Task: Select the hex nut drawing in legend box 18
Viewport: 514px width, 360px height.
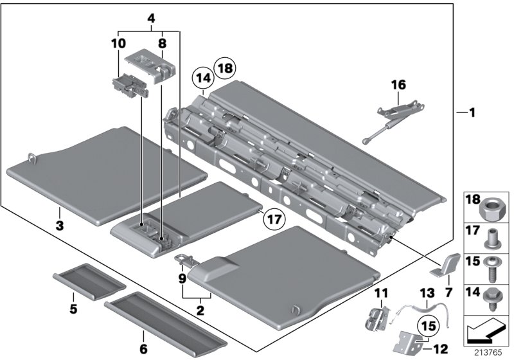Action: pos(492,210)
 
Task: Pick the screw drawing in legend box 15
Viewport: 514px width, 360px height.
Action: pos(492,269)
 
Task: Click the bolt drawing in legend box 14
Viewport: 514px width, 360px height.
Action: pos(492,298)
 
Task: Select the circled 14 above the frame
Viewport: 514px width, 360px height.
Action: pos(203,81)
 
